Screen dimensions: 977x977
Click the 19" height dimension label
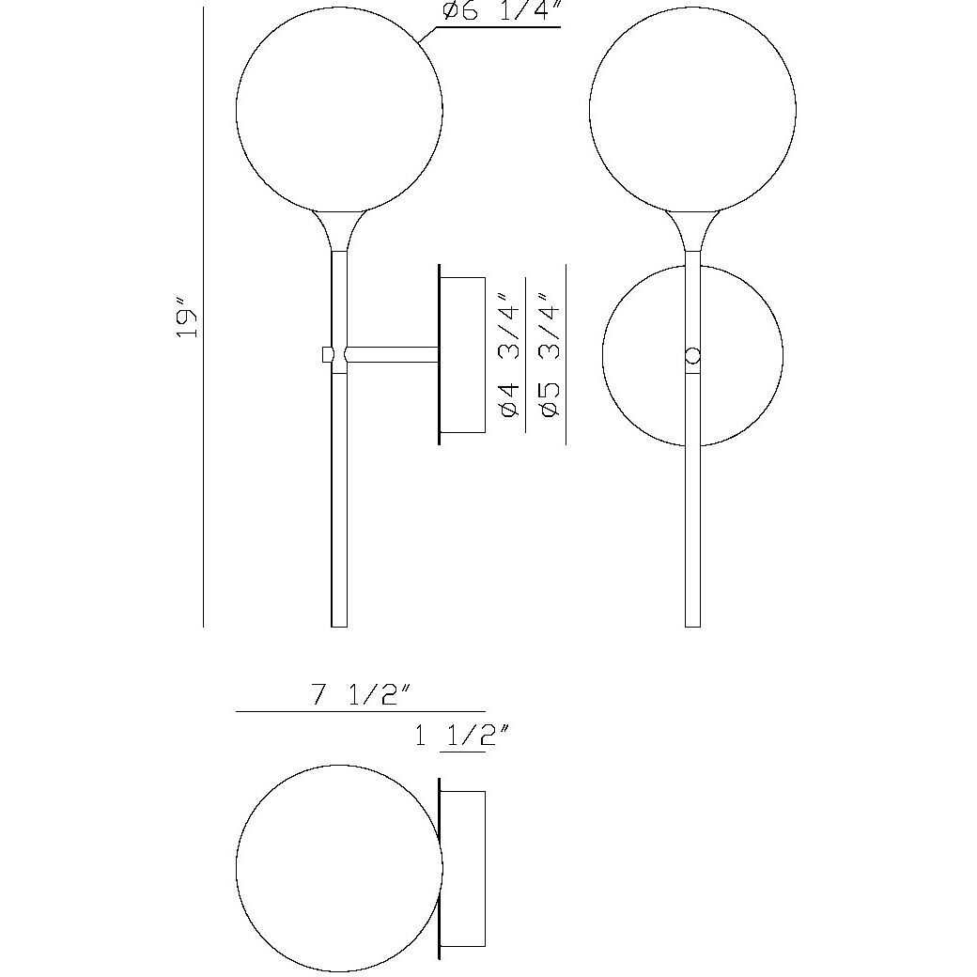click(x=189, y=320)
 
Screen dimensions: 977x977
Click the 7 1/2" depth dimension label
click(x=362, y=696)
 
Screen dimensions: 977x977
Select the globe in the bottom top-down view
click(x=339, y=868)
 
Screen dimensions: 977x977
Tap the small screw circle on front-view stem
click(x=693, y=356)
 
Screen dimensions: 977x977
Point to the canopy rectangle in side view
click(x=463, y=354)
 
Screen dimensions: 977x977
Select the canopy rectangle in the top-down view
click(x=463, y=868)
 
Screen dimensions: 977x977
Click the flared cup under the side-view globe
click(x=339, y=229)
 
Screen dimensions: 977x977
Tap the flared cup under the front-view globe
click(x=692, y=230)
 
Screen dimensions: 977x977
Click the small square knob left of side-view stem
click(x=327, y=354)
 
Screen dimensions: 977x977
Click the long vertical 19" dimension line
click(x=204, y=470)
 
